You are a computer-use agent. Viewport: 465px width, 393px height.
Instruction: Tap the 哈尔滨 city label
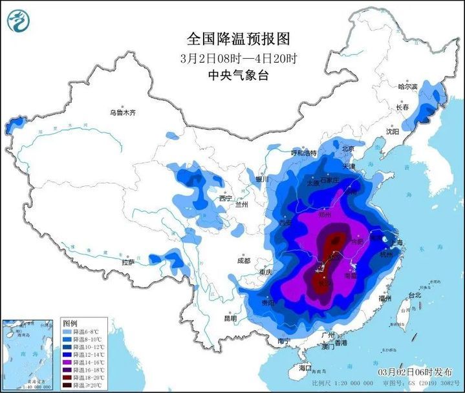click(408, 86)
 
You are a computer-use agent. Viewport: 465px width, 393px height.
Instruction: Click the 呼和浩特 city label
click(304, 154)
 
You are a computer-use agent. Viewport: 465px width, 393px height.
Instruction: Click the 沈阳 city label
click(393, 131)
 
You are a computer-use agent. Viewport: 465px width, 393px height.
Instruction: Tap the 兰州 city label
click(242, 205)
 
